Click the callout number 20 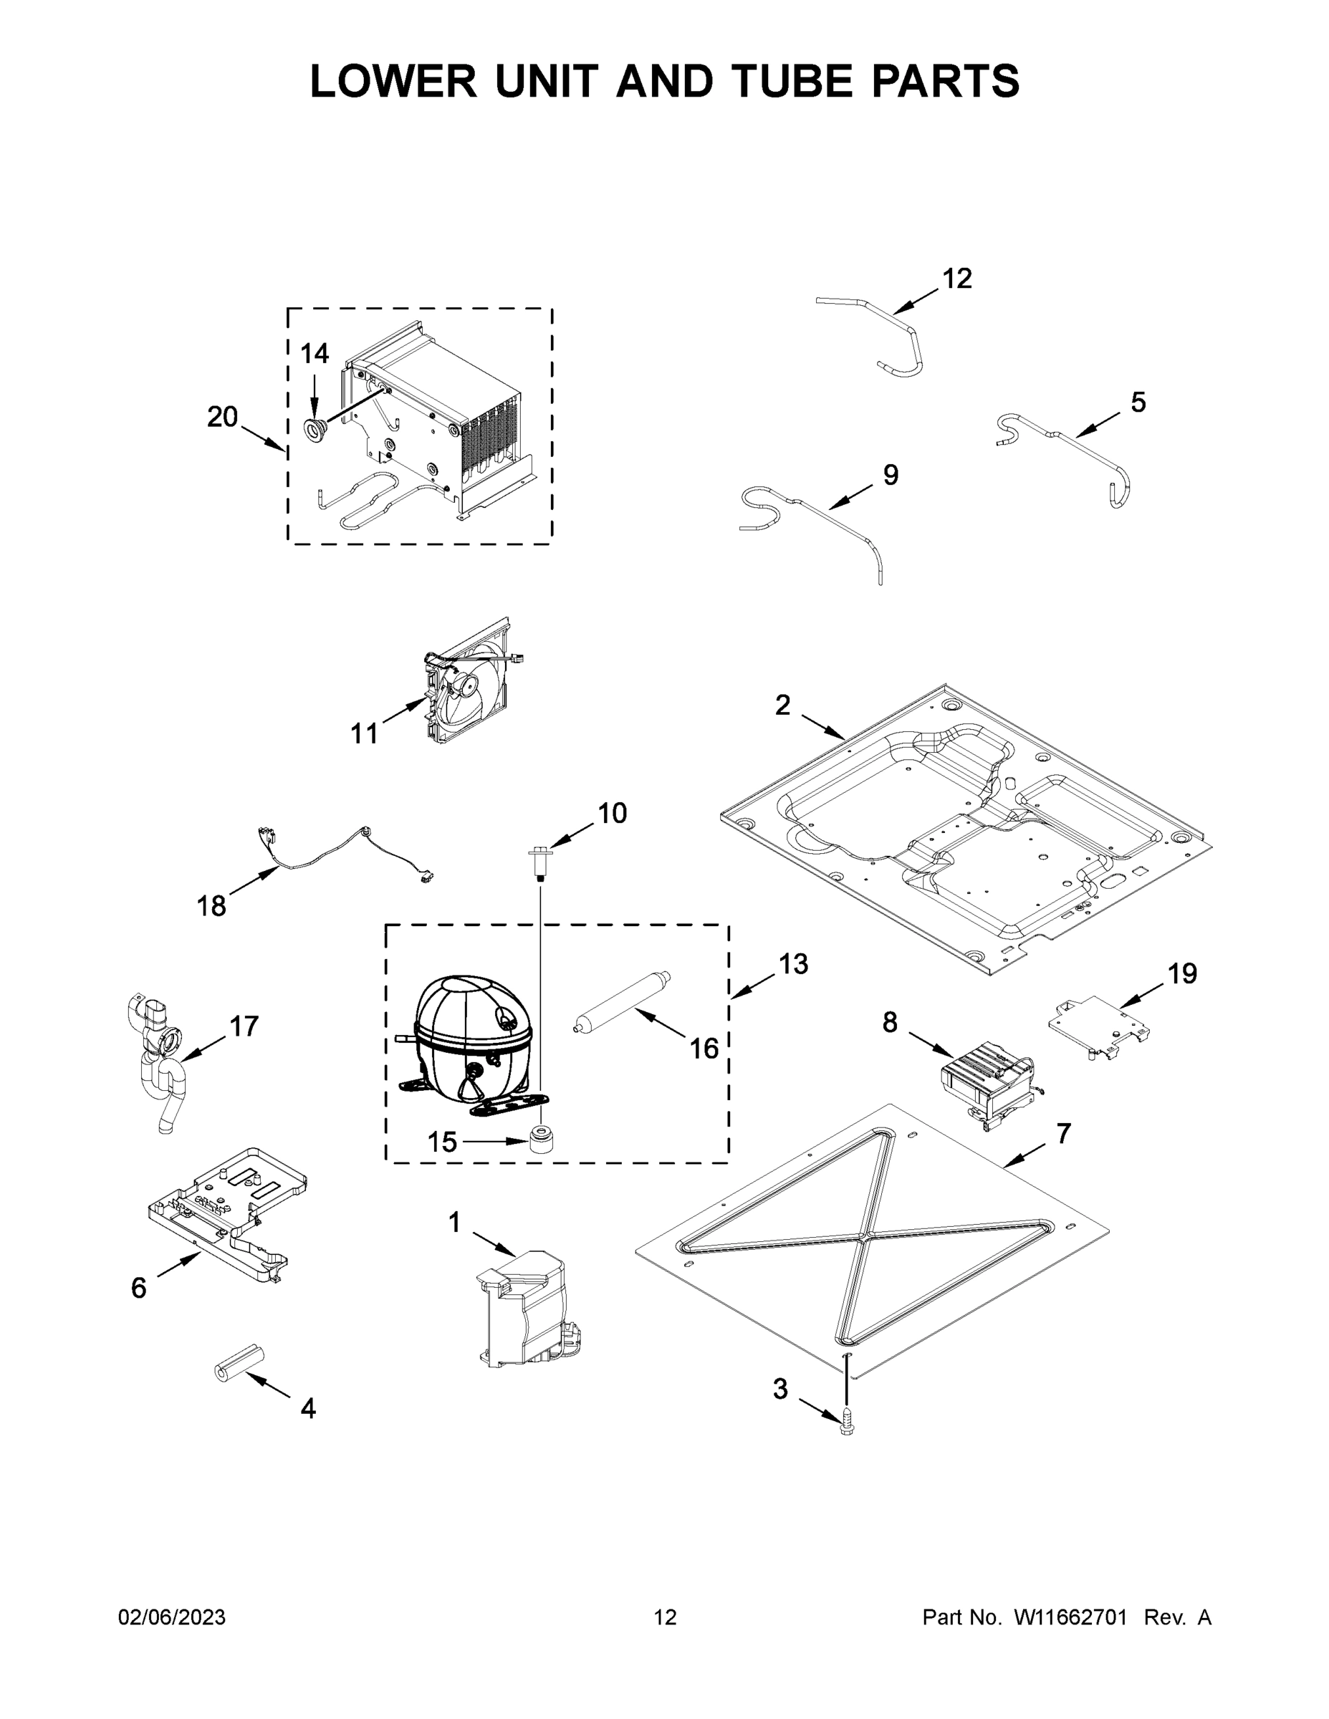click(222, 416)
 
